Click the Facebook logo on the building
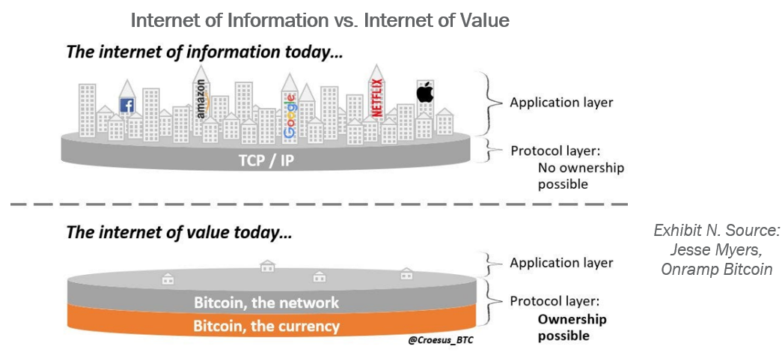pos(127,106)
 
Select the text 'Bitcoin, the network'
pos(266,303)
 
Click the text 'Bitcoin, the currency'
pos(266,327)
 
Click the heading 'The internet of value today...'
pos(180,232)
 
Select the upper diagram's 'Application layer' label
pos(561,102)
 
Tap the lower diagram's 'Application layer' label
pos(561,263)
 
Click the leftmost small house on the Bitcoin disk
pos(168,279)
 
